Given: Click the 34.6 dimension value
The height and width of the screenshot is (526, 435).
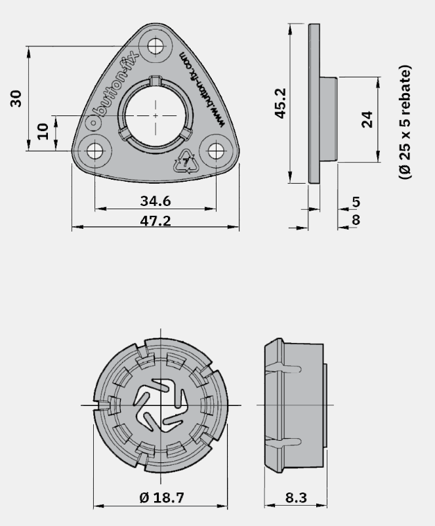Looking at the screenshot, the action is coord(155,201).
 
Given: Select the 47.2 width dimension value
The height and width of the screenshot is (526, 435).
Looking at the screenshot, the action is coord(155,221).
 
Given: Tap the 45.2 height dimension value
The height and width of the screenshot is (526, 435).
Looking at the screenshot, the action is coord(280,104).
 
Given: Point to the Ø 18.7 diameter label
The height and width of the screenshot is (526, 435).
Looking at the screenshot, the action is coord(162,498).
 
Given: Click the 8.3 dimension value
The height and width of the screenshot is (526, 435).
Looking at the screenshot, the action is coord(296,498).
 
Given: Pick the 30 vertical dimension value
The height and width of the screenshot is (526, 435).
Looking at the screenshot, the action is coord(16,98).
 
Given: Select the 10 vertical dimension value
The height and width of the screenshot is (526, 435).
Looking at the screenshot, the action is coord(43,131).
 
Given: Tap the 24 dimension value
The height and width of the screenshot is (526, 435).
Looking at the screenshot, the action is coord(367,119).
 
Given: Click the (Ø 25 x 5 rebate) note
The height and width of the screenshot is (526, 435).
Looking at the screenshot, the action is coord(405,122).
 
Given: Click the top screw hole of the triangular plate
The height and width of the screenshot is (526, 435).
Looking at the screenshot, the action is coord(156,46).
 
